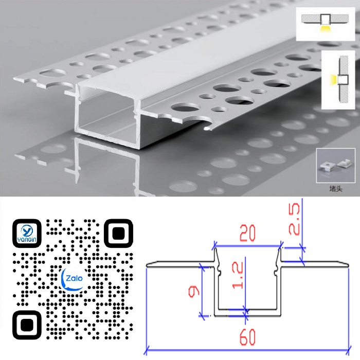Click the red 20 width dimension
pyautogui.click(x=247, y=233)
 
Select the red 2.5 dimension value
pyautogui.click(x=294, y=219)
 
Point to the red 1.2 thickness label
pyautogui.click(x=238, y=276)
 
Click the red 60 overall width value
pyautogui.click(x=247, y=337)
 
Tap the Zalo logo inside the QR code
pyautogui.click(x=73, y=279)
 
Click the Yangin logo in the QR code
pyautogui.click(x=27, y=233)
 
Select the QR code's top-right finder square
pyautogui.click(x=118, y=233)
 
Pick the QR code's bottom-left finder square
pyautogui.click(x=27, y=325)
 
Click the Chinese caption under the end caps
pyautogui.click(x=336, y=189)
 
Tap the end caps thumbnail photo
pyautogui.click(x=336, y=166)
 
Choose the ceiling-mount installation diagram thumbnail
pyautogui.click(x=326, y=24)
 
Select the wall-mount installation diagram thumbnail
pyautogui.click(x=338, y=80)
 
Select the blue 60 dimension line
pyautogui.click(x=247, y=350)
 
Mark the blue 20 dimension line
pyautogui.click(x=248, y=246)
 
